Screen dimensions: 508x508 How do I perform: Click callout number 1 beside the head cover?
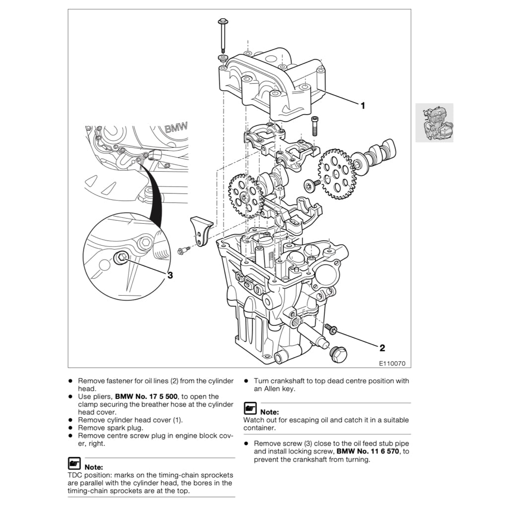363,106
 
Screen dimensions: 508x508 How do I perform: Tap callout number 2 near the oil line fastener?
382,348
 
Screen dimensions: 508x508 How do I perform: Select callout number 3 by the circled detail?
170,275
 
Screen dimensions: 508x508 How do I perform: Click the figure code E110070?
392,364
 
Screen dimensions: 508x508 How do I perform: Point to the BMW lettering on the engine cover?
176,128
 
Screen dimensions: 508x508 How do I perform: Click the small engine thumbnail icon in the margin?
434,123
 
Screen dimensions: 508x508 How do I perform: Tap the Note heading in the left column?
94,467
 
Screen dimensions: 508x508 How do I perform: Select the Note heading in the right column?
269,412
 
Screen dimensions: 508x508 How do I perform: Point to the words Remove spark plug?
111,428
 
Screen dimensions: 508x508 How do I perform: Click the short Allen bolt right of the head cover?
315,126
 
